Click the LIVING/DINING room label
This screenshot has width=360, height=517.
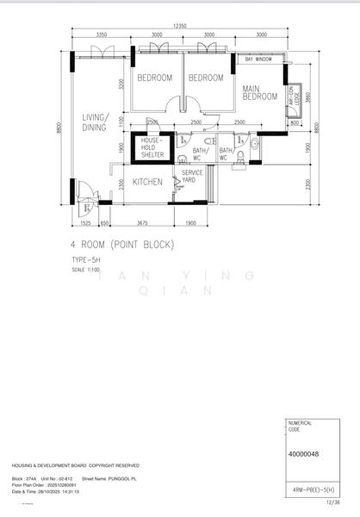tap(94, 122)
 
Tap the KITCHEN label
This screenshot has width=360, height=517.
tap(147, 182)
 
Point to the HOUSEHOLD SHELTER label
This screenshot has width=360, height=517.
tap(152, 146)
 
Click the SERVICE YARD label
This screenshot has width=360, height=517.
tap(192, 177)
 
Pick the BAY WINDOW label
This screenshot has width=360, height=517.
tap(258, 59)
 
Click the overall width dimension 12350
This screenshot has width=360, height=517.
tap(178, 27)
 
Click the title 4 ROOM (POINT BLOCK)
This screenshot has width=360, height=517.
tap(122, 245)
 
